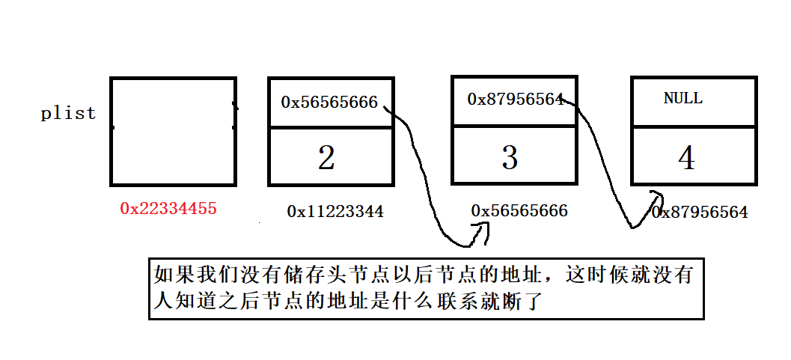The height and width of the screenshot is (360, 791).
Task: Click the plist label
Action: coord(68,114)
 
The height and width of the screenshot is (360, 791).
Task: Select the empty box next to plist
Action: coord(173,131)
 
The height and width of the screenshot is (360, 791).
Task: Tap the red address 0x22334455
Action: coord(168,209)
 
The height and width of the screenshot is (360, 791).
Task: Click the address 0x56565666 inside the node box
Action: coord(329,102)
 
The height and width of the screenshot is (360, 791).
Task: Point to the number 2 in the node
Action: coord(326,158)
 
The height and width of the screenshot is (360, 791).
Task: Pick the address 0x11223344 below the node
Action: coord(335,212)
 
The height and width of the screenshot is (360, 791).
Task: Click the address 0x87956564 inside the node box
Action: coord(515,99)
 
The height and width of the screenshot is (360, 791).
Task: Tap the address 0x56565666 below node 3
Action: coord(519,211)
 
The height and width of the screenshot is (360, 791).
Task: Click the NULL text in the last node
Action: coord(683,99)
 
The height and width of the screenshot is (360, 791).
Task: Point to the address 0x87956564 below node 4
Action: coord(700,213)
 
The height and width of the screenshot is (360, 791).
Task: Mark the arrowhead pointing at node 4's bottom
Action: coord(657,196)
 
